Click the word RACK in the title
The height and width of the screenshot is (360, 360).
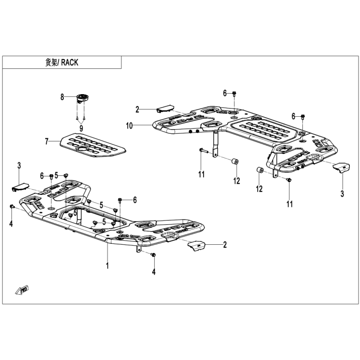click(70, 62)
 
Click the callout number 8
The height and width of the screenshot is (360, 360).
click(62, 97)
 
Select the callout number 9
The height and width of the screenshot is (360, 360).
click(81, 129)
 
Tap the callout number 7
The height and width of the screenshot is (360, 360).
click(47, 141)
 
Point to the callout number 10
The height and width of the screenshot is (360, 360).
click(130, 125)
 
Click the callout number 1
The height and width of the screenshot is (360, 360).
click(107, 266)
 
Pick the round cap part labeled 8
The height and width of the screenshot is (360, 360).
click(83, 98)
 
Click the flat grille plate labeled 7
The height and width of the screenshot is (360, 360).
click(93, 145)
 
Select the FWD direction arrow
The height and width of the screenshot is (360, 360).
click(22, 290)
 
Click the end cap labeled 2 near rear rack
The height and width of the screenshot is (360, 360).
click(165, 109)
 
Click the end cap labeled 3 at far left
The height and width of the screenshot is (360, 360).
click(20, 187)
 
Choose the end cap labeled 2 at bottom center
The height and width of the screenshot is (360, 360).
click(196, 245)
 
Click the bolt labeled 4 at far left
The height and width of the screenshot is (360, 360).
click(12, 207)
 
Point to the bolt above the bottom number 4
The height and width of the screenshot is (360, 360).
click(153, 255)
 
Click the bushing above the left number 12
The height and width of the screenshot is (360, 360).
click(235, 161)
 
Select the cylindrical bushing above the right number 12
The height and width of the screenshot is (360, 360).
click(260, 171)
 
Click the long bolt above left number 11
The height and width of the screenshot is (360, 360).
click(203, 150)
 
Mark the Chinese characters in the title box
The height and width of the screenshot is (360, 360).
click(51, 62)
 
